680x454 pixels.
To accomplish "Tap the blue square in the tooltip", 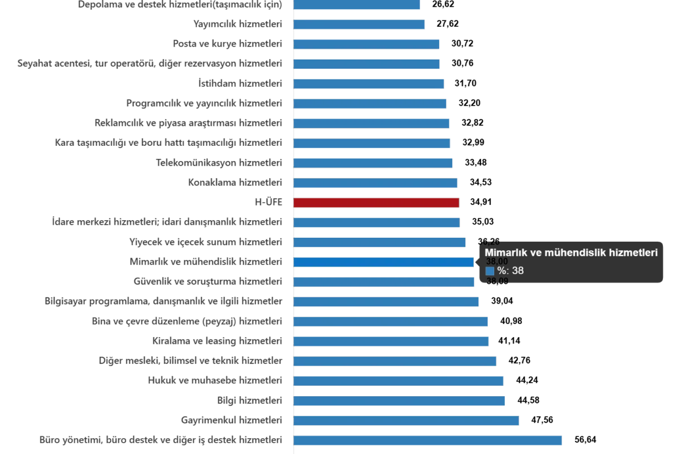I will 490,271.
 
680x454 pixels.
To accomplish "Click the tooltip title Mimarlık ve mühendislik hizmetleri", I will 571,253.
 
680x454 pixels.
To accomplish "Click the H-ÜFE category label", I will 269,202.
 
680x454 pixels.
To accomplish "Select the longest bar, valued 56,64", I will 427,440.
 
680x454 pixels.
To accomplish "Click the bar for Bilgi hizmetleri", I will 400,401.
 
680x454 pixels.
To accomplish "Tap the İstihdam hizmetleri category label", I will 239,84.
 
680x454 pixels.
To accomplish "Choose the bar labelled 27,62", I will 359,24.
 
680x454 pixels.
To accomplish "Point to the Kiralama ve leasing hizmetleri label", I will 216,341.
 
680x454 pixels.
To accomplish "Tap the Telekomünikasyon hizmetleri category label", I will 219,163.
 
